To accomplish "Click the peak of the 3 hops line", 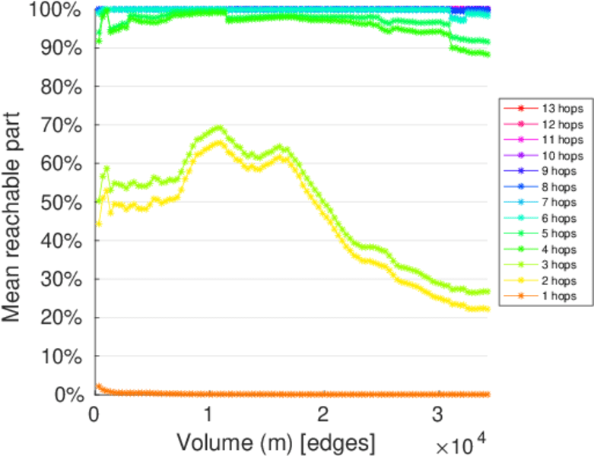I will click(x=219, y=127).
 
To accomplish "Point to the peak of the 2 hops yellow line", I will click(x=219, y=142).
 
